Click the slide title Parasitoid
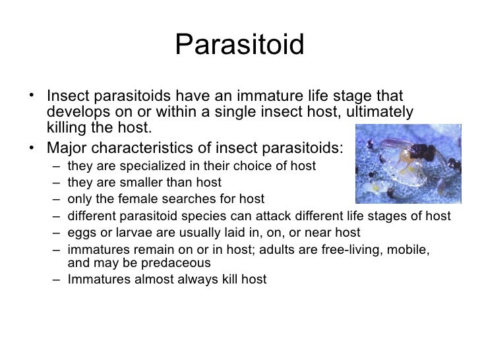pyautogui.click(x=240, y=46)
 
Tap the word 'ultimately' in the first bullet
pyautogui.click(x=382, y=112)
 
